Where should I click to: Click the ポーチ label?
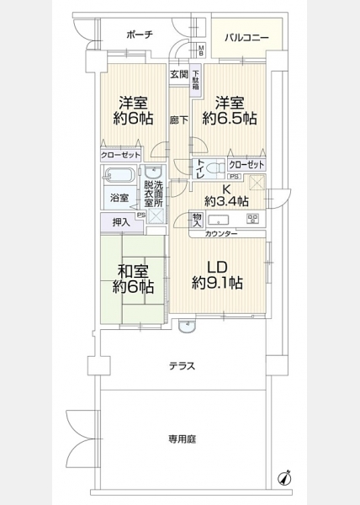tap(140, 35)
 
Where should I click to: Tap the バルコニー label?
tap(246, 38)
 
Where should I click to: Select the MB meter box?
tap(201, 50)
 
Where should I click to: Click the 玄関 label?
tap(179, 74)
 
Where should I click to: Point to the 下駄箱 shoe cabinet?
tap(196, 80)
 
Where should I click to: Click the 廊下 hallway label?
tap(179, 120)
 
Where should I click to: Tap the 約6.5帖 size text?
tap(230, 119)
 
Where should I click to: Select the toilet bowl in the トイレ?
tap(216, 167)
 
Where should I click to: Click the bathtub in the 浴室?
tap(119, 176)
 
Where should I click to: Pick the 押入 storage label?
tap(121, 222)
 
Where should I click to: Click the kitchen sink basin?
tap(219, 221)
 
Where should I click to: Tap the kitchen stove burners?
tap(252, 219)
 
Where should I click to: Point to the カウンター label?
tap(221, 233)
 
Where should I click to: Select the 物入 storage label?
tap(197, 220)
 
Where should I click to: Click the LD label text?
tap(218, 268)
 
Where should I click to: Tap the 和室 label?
tap(133, 272)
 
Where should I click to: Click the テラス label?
tap(182, 366)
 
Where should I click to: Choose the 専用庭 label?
tap(182, 439)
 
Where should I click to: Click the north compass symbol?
tap(284, 477)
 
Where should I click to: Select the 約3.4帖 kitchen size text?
tap(226, 202)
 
